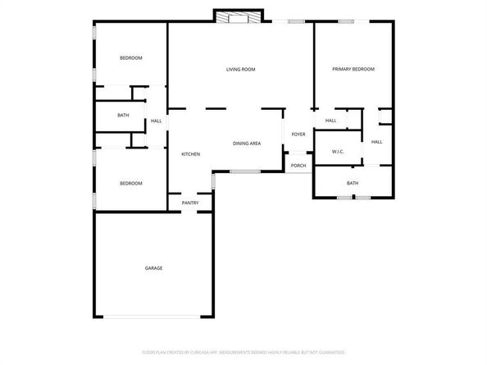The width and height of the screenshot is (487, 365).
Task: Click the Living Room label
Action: (x=241, y=70)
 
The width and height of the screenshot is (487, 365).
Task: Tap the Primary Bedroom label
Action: (x=353, y=70)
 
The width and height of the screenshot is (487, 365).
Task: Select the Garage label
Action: (x=153, y=268)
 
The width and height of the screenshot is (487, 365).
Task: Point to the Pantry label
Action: (x=190, y=203)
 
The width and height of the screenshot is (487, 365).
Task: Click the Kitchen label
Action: (x=190, y=154)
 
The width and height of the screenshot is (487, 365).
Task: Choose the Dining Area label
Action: (x=246, y=144)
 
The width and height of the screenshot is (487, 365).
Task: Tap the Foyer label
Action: (x=298, y=134)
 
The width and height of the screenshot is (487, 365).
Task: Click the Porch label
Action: (x=298, y=166)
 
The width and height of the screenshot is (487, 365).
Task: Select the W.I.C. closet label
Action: (x=338, y=152)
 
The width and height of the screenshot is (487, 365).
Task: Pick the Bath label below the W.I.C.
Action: (x=353, y=183)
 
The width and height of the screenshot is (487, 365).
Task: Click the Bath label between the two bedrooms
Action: (x=123, y=115)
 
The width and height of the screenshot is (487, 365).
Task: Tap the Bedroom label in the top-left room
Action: (x=131, y=57)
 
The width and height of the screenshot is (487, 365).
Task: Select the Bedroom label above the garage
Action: (x=131, y=183)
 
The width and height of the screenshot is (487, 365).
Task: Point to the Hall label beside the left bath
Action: (x=156, y=121)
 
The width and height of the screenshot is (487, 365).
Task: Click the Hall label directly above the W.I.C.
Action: (x=330, y=121)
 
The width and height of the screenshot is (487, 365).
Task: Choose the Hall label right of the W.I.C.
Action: (x=376, y=142)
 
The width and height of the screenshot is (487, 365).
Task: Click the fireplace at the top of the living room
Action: (x=239, y=16)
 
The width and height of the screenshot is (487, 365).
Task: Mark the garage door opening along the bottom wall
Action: (x=153, y=317)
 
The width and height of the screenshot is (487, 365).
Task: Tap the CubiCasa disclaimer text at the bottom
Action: (x=243, y=351)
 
